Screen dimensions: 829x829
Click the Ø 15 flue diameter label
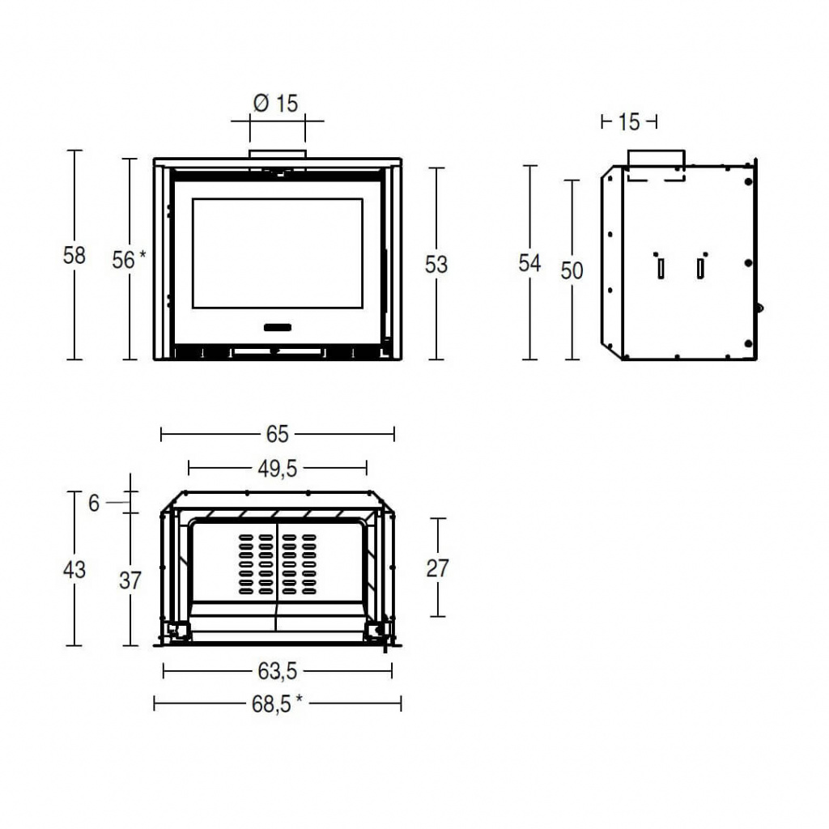275,103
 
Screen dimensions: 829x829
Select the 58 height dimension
74,255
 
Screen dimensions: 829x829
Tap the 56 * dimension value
129,260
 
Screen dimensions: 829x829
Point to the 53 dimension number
436,265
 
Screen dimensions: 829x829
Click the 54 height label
529,263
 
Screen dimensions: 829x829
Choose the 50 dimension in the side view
572,270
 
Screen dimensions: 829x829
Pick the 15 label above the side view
628,122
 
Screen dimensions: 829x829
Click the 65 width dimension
277,434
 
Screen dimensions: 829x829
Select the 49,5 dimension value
278,469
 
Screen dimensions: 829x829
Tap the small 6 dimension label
94,504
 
